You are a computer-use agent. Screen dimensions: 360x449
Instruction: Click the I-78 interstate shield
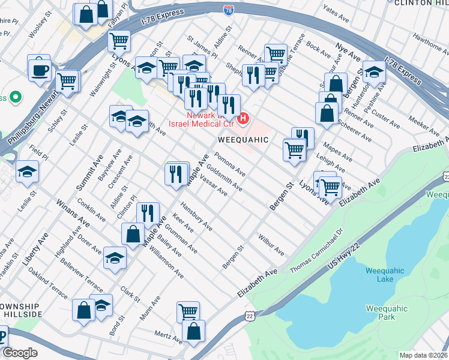tap(229, 10)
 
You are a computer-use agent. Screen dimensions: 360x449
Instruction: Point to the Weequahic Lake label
tap(381, 275)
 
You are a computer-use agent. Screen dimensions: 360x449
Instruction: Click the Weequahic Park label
tap(386, 313)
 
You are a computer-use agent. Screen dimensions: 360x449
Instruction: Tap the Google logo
tap(20, 353)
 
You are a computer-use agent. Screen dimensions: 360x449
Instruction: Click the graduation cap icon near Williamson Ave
tap(115, 258)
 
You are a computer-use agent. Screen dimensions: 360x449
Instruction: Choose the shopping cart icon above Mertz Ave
tap(188, 312)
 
